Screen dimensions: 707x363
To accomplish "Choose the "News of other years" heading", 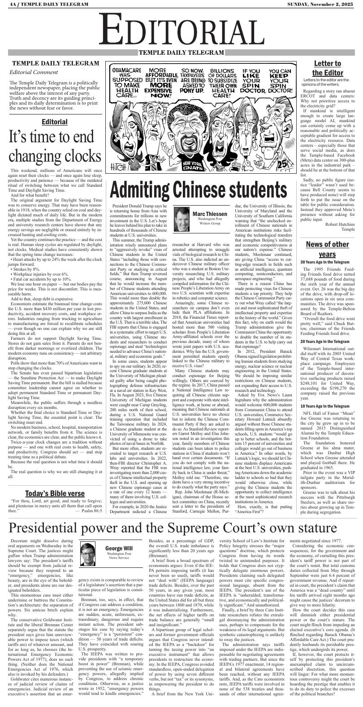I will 327,250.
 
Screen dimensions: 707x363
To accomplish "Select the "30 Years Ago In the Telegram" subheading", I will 325,262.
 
